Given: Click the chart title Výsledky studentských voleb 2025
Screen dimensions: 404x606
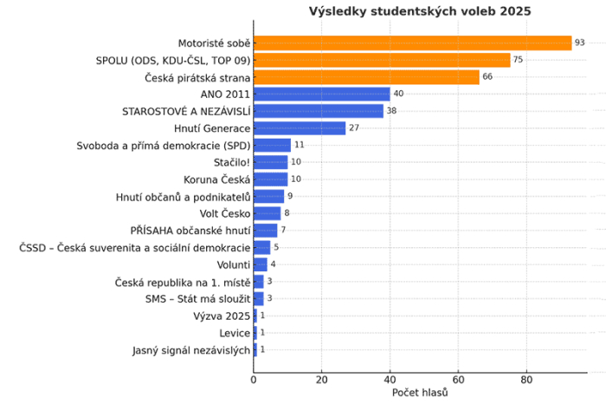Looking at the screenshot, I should [x=420, y=11].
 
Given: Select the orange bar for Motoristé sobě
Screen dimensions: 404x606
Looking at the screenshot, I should [x=412, y=42].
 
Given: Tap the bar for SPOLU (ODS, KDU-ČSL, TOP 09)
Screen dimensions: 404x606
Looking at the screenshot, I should [x=382, y=60].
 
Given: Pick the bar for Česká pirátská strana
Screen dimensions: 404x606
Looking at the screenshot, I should [x=366, y=77].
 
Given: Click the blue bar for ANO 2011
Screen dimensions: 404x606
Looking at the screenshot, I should [x=322, y=94].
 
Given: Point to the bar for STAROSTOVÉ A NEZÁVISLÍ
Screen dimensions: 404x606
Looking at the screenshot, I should [x=319, y=111].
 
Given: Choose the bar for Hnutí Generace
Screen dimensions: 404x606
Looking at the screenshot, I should [x=300, y=128].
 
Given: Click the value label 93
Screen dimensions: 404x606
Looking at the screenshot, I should [x=580, y=42].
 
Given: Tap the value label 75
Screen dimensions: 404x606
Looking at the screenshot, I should [x=519, y=60].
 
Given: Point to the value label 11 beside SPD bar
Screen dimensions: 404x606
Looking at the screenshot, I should [x=300, y=145].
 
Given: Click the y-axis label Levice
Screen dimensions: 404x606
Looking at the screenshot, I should [x=235, y=333].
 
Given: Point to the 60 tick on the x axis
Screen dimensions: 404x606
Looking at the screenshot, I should [x=458, y=379].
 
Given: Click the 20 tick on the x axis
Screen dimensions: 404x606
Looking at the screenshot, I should [x=322, y=379].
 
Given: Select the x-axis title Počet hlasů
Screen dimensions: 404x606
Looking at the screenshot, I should [x=420, y=393].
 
